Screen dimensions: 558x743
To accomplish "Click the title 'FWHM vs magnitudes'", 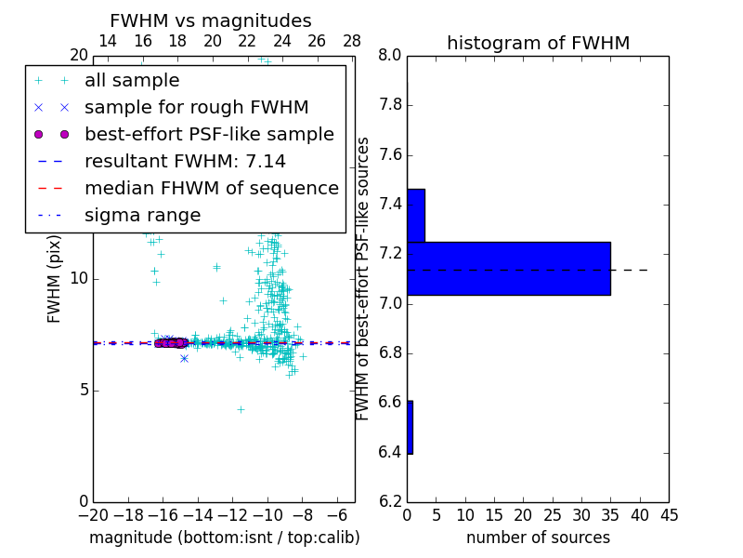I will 211,20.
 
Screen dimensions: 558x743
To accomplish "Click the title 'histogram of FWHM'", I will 538,43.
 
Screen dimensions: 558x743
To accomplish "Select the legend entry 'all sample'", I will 132,81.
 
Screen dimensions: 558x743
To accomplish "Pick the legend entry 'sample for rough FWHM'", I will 196,107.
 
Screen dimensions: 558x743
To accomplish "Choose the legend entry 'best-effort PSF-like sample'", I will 209,134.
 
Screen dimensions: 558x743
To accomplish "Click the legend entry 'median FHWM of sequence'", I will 211,188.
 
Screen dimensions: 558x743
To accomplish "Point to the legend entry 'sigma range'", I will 142,215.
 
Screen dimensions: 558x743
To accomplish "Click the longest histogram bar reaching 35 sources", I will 508,269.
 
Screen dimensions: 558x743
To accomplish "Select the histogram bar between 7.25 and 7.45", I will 415,216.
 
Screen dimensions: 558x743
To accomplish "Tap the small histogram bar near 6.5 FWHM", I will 410,427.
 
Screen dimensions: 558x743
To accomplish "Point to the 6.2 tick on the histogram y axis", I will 389,501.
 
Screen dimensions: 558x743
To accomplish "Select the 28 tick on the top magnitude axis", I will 352,41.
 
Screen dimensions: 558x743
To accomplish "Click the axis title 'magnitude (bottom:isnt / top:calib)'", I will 224,538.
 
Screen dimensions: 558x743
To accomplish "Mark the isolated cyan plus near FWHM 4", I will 241,409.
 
